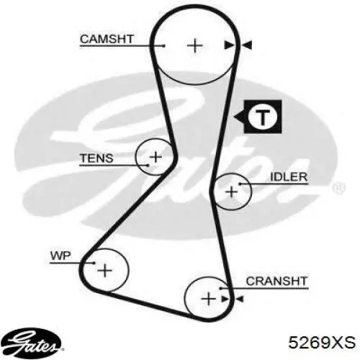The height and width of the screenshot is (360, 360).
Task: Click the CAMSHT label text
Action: (107, 39)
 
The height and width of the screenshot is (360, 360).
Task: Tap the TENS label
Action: (96, 158)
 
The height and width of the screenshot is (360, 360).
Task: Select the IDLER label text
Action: (289, 177)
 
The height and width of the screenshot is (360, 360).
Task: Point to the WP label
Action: (60, 256)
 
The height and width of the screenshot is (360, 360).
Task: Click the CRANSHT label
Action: (276, 282)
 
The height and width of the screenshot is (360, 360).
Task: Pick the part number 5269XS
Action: (322, 342)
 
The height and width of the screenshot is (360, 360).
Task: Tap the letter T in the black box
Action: (263, 117)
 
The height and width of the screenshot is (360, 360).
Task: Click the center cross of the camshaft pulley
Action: (194, 45)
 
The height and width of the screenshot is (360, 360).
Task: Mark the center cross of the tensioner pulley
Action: (156, 157)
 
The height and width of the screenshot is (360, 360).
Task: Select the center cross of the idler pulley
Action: (231, 192)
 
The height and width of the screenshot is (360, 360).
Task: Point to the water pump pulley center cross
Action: (104, 271)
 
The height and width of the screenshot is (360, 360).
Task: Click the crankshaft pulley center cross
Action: (208, 299)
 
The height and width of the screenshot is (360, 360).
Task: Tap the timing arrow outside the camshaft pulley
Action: (247, 45)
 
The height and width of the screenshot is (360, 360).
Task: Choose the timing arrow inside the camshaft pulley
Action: (229, 45)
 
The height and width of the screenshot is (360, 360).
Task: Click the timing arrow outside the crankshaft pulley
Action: (239, 299)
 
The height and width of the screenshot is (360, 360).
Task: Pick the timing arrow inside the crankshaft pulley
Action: (225, 299)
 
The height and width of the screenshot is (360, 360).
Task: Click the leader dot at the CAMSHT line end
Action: (164, 45)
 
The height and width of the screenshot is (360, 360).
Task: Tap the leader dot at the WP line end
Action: (94, 263)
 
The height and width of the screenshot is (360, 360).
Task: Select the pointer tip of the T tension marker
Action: (234, 117)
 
